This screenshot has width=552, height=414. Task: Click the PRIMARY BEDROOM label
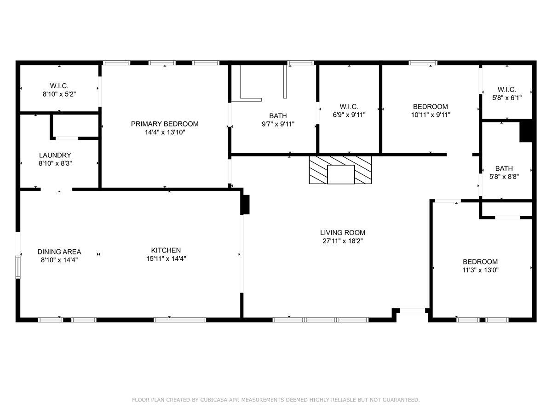[x=165, y=124]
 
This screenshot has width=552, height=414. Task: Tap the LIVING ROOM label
[x=343, y=233]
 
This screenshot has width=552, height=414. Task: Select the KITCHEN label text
[x=166, y=250]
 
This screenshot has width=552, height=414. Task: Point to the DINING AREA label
[x=59, y=252]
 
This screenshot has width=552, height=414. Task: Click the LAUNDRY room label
[x=55, y=155]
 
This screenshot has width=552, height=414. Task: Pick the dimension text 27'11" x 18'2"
[x=343, y=241]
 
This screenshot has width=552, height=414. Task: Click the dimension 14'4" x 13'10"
[x=165, y=132]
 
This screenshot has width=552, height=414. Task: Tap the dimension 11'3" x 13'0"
[x=480, y=270]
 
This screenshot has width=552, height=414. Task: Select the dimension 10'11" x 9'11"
[x=431, y=115]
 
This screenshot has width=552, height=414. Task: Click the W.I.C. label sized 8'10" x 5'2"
[x=59, y=86]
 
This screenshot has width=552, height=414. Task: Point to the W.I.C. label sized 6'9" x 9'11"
[x=349, y=107]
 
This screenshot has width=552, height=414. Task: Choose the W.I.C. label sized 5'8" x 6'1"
[x=507, y=90]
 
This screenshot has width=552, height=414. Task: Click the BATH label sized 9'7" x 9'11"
[x=278, y=116]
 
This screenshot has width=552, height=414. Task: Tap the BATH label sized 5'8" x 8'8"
[x=504, y=168]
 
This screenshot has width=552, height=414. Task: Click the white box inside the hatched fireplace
[x=341, y=174]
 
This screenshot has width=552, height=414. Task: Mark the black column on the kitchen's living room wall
[x=245, y=204]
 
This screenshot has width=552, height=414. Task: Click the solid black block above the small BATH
[x=526, y=131]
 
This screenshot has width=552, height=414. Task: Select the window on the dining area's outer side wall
[x=18, y=267]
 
